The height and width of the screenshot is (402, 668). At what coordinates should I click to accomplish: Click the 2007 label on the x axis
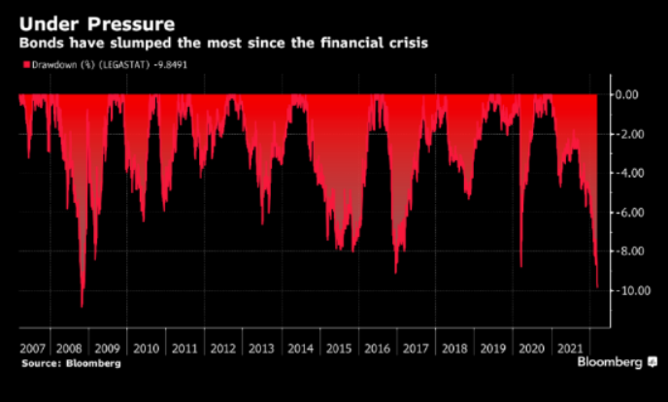(32, 348)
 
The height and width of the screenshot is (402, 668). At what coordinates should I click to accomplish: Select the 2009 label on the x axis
(108, 348)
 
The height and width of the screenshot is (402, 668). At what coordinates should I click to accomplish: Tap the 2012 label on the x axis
(222, 348)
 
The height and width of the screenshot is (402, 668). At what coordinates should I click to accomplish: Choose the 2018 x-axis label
(451, 348)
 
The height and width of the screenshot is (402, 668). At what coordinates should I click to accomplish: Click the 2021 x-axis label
(566, 348)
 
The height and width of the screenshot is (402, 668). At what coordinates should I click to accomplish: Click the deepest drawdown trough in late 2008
(82, 306)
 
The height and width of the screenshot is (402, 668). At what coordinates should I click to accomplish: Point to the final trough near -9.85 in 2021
(597, 286)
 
